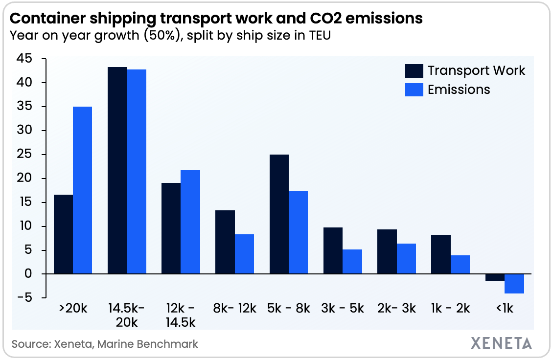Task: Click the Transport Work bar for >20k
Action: (x=63, y=234)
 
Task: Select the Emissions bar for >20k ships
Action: (x=83, y=190)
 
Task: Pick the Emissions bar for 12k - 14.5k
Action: (x=190, y=222)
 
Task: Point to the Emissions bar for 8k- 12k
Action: (x=244, y=254)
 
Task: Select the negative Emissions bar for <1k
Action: (x=514, y=284)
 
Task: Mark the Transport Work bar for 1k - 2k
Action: (x=441, y=254)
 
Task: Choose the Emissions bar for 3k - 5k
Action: (x=352, y=262)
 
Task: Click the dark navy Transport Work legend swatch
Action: (x=414, y=71)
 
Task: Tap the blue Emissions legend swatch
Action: (x=414, y=90)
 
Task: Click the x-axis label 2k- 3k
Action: (x=396, y=309)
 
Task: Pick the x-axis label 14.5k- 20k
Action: (x=126, y=315)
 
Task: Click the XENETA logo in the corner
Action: (x=502, y=343)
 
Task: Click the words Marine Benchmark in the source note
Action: (x=148, y=344)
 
